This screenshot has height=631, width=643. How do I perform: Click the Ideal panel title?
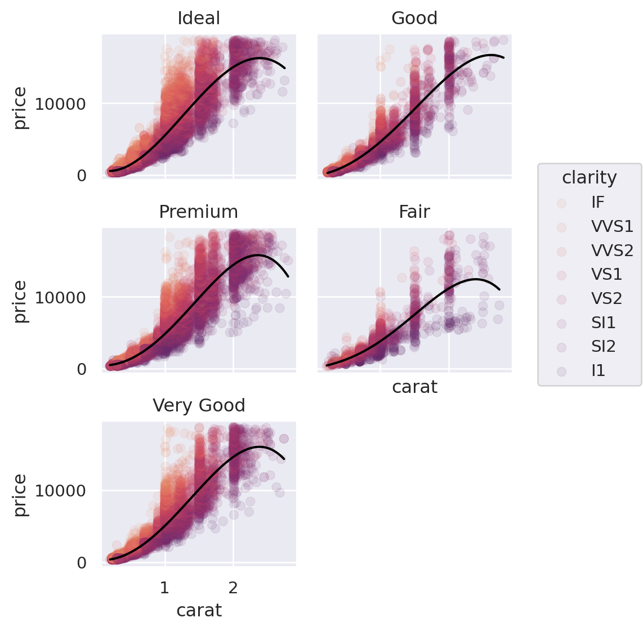[x=199, y=19]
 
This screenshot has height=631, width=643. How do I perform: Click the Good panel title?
[x=414, y=19]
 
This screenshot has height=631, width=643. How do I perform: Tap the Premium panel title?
[x=199, y=212]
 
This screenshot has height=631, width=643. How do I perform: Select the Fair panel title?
[x=414, y=212]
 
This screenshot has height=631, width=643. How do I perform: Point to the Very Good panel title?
[x=199, y=406]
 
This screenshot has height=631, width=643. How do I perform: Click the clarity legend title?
[x=590, y=178]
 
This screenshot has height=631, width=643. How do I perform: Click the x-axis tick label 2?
[x=233, y=588]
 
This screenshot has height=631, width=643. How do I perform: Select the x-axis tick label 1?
[x=164, y=588]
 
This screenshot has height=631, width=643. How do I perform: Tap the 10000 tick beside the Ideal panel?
[x=60, y=104]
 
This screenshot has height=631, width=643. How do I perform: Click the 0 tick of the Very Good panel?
[x=82, y=563]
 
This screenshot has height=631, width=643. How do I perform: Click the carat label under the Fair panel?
[x=414, y=387]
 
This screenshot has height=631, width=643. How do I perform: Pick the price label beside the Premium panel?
[x=20, y=301]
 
